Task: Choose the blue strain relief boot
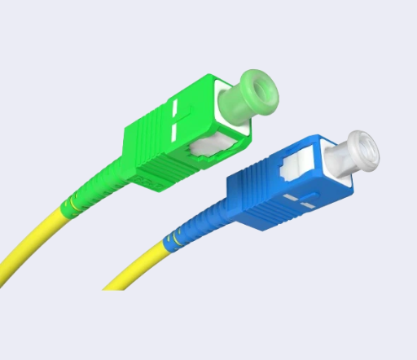click(200, 225)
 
